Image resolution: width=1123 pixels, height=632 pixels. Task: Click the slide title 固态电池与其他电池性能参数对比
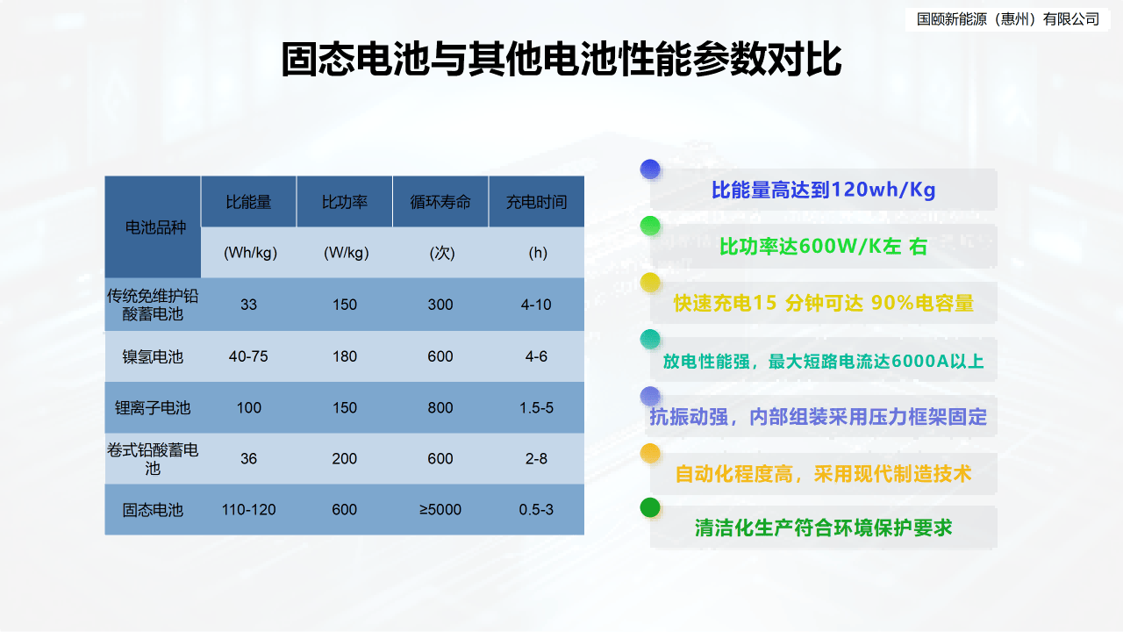tap(561, 60)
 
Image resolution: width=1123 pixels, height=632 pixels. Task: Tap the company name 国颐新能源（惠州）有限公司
tap(1007, 19)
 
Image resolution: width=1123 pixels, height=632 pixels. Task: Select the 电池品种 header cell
tap(153, 227)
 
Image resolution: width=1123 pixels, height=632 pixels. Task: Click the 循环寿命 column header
tap(440, 202)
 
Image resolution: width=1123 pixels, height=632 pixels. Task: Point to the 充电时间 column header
tap(536, 202)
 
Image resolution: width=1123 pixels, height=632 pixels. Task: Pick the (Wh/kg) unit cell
tap(249, 253)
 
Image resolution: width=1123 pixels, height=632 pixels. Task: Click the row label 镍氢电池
tap(153, 356)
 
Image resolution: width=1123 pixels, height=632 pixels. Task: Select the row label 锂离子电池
tap(153, 408)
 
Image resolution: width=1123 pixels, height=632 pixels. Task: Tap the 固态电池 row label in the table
tap(153, 510)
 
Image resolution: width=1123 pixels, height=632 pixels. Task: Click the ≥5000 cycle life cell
tap(440, 510)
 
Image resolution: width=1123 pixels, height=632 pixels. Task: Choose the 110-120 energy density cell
tap(249, 510)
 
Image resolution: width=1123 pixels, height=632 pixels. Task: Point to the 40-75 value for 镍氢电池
tap(249, 356)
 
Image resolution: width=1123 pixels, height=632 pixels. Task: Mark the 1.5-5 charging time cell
tap(536, 408)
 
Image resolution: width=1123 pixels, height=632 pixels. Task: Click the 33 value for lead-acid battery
tap(249, 305)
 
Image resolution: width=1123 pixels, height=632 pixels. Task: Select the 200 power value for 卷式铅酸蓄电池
tap(345, 459)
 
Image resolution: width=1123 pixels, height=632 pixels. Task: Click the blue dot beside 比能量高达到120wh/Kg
tap(650, 169)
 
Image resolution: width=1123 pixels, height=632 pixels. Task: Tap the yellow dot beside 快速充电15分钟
tap(650, 282)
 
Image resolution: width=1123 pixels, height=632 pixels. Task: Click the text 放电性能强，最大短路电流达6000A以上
tap(823, 361)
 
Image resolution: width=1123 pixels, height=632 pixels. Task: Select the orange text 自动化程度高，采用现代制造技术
tap(823, 474)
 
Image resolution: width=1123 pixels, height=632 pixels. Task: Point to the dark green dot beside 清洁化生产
tap(650, 507)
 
